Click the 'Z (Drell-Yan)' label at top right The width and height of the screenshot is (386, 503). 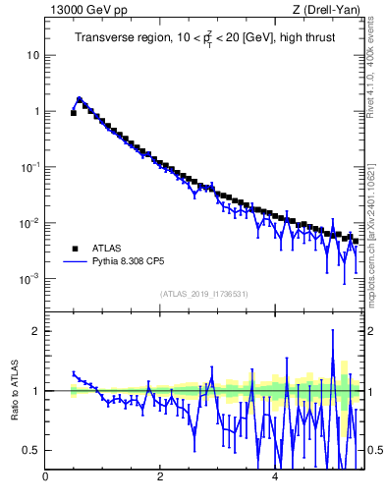(x=328, y=10)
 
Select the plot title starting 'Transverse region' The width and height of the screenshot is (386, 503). (x=204, y=38)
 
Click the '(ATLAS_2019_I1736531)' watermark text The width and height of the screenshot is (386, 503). (x=204, y=294)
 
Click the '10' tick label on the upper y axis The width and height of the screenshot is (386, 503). (x=32, y=55)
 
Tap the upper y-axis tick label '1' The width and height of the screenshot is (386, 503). (x=36, y=111)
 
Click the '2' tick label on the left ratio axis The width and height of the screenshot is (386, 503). (x=36, y=331)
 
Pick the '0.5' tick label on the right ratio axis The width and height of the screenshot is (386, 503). (x=374, y=450)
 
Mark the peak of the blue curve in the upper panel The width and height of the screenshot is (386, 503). (x=80, y=98)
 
